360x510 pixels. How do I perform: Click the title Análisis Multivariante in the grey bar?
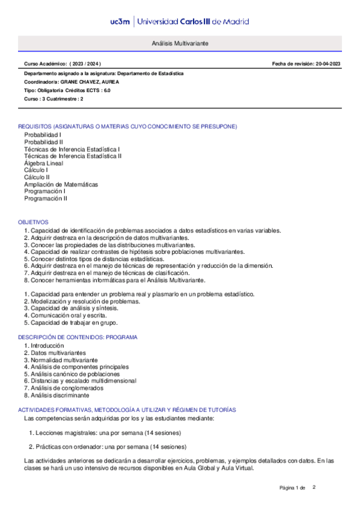tap(180, 45)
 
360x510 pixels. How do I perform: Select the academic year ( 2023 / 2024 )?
tap(86, 64)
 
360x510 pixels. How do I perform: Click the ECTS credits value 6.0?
tap(107, 90)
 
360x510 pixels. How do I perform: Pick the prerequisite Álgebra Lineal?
tap(43, 163)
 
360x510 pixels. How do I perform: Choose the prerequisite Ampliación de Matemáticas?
tap(61, 184)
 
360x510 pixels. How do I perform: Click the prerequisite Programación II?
tap(46, 198)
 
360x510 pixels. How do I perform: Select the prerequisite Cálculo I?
tap(36, 170)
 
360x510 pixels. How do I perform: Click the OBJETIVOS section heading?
tap(33, 222)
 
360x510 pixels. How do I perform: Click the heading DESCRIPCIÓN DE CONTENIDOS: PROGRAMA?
tap(78, 337)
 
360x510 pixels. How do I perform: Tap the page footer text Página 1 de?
tap(293, 487)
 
